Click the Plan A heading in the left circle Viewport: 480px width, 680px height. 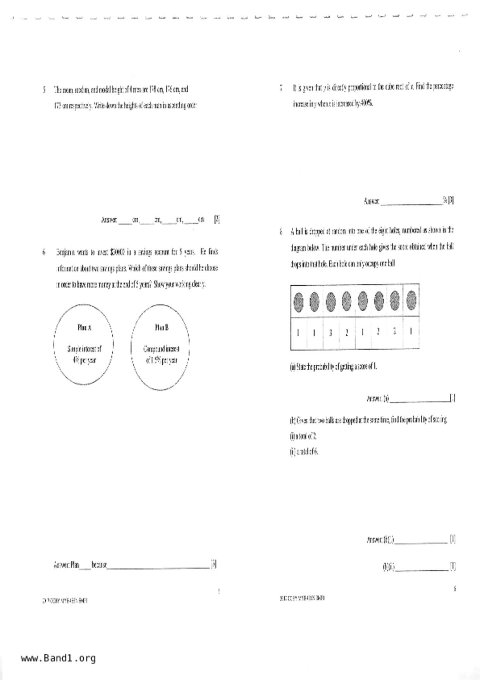coord(84,328)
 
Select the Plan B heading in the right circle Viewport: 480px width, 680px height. coord(162,328)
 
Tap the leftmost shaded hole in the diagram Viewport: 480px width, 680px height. coord(298,302)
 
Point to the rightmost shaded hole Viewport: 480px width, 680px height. coord(411,300)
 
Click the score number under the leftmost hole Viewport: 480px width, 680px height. coord(298,333)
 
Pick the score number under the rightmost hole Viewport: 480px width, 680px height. coord(411,331)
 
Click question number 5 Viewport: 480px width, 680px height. coord(44,90)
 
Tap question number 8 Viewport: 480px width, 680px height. coord(281,232)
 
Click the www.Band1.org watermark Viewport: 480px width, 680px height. coord(58,658)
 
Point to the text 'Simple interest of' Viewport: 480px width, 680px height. coord(84,349)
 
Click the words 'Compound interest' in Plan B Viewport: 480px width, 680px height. coord(161,349)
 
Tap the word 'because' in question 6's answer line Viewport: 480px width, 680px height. coord(99,565)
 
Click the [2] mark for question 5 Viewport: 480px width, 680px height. coord(217,220)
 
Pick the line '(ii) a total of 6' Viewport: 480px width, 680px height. coord(304,452)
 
